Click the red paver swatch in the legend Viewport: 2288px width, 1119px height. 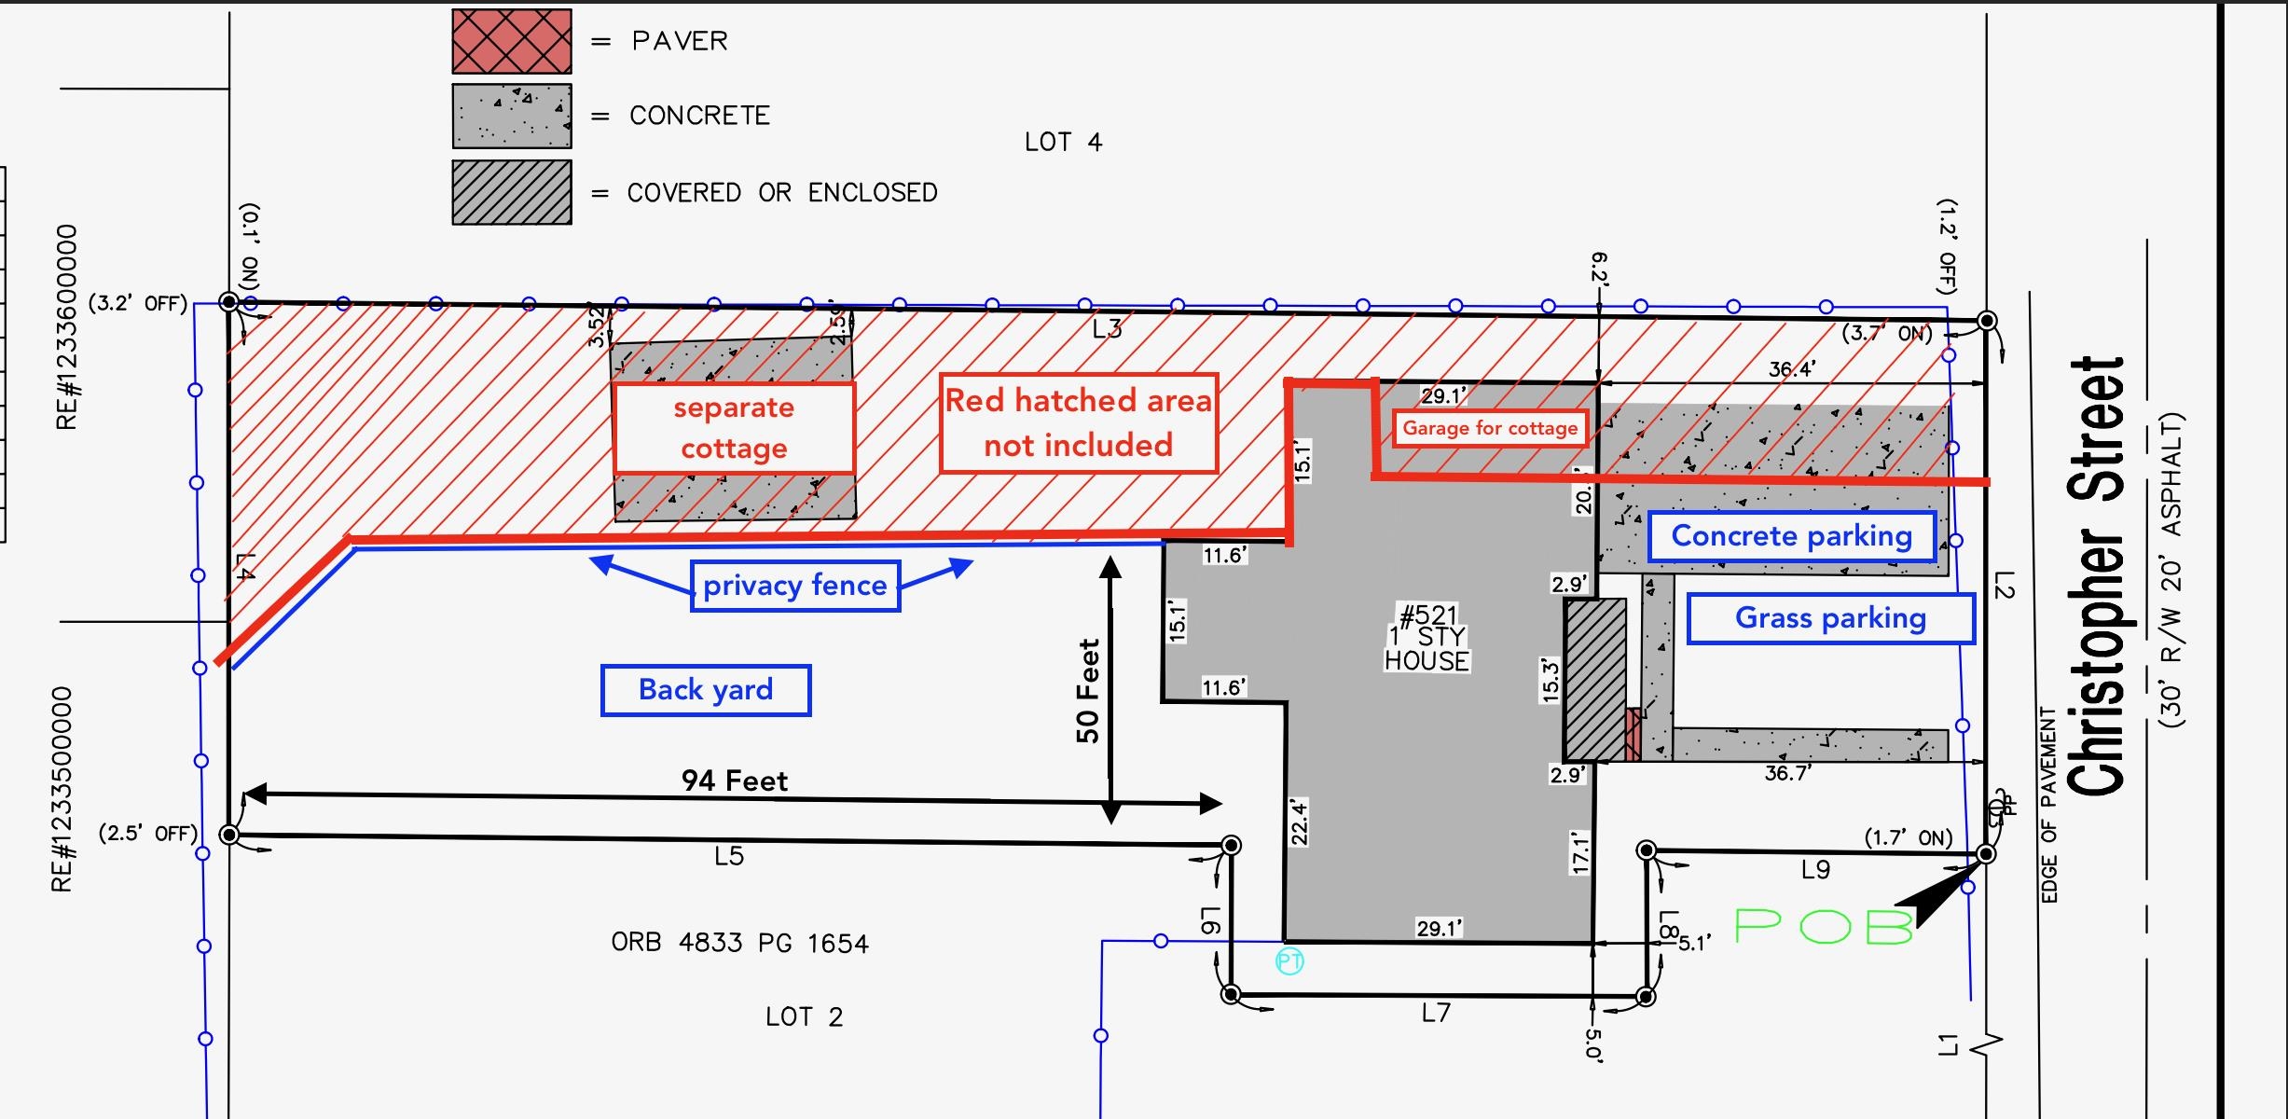[512, 41]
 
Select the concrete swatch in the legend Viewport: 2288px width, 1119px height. [512, 116]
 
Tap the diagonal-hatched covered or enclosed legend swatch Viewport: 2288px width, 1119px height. [512, 192]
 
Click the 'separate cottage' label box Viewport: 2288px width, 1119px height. [734, 427]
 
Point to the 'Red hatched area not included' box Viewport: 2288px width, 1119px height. [1079, 423]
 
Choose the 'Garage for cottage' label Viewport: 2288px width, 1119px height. [1490, 428]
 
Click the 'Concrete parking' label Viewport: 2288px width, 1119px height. [1791, 536]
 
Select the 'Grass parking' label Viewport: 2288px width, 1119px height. [1830, 618]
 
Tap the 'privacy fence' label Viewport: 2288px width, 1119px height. [795, 586]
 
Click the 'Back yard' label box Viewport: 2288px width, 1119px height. [706, 690]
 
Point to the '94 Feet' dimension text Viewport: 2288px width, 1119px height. [735, 781]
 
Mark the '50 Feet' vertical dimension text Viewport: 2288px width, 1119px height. [1088, 690]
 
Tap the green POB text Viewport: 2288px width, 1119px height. [1823, 926]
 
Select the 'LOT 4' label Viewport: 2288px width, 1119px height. [1063, 142]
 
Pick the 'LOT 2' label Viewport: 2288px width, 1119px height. [804, 1016]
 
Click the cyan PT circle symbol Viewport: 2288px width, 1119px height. [1289, 961]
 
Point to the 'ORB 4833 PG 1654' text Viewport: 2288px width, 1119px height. [739, 943]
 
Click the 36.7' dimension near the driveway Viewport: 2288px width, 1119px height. [1787, 773]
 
